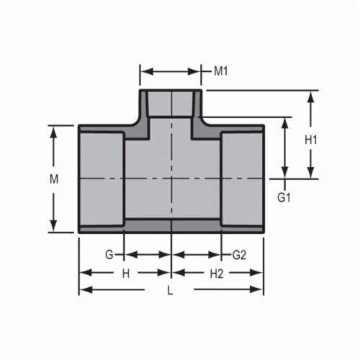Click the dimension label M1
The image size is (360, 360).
coord(220,71)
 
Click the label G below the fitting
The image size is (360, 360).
coord(109,255)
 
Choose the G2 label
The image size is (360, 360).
coord(239,255)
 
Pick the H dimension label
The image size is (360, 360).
coord(125,273)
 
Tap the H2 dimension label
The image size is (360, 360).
coord(217,273)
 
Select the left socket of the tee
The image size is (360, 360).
coord(102,178)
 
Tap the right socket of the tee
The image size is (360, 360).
coord(241,178)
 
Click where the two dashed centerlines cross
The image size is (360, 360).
coord(171,178)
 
